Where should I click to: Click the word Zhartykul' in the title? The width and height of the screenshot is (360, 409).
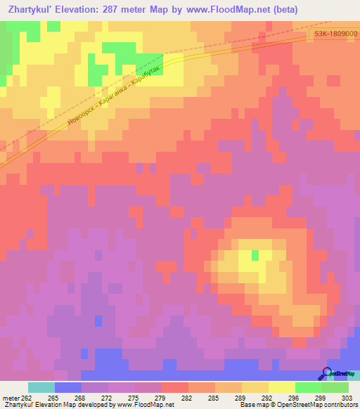pos(32,10)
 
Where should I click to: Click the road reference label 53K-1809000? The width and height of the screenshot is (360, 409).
pos(335,34)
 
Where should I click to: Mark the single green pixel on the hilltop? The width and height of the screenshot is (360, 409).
pos(255,254)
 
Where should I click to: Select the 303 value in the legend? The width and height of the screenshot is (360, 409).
pos(347,398)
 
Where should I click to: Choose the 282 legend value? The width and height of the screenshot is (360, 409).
pos(188,398)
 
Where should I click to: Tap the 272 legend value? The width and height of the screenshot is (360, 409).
pos(108,398)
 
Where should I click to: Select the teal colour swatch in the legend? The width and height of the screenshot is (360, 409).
pos(41,387)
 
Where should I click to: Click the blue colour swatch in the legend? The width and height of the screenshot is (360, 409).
pos(68,387)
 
